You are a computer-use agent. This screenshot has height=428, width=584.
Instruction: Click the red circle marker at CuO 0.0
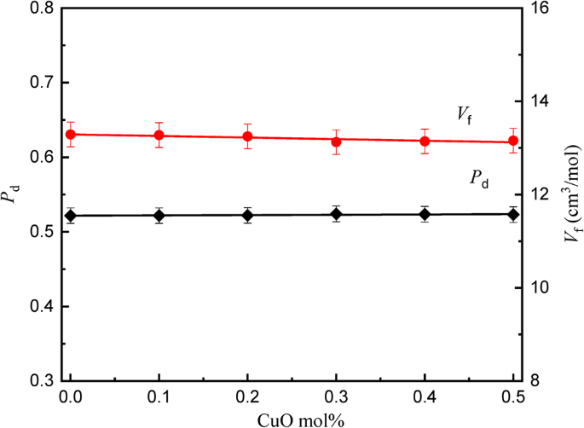[x=71, y=134]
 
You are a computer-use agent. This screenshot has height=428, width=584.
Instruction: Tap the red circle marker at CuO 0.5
[x=513, y=141]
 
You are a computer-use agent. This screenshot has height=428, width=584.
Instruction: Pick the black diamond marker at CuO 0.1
[x=159, y=216]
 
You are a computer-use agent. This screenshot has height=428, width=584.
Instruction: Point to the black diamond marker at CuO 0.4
[x=425, y=214]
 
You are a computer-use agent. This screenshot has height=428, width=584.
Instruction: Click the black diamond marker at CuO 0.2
[x=248, y=215]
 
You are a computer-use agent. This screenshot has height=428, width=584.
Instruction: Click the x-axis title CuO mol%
[x=292, y=417]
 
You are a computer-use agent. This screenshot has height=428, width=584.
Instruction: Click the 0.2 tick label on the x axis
[x=248, y=396]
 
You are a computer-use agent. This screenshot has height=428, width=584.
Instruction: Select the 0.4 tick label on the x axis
[x=425, y=396]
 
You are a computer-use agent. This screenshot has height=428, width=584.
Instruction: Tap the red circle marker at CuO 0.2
[x=248, y=136]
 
